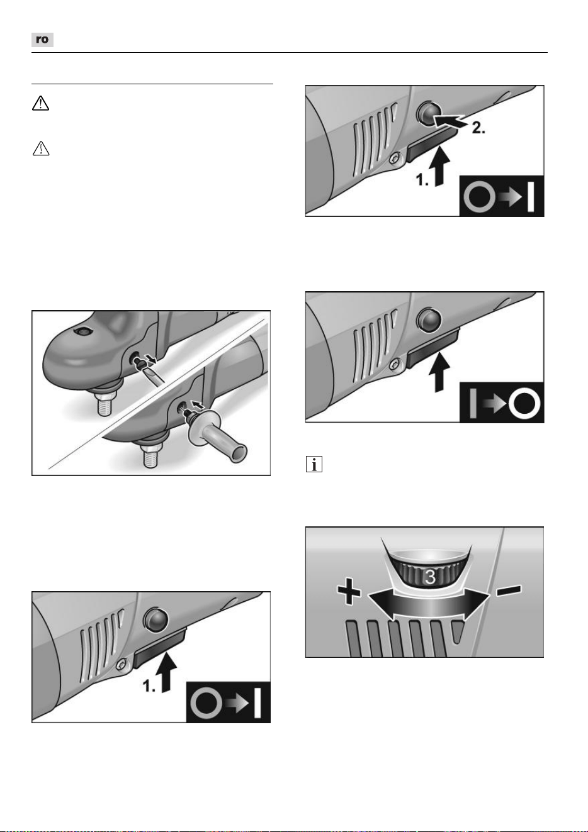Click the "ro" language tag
click(x=42, y=40)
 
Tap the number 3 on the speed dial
click(x=430, y=577)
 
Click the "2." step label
click(x=478, y=128)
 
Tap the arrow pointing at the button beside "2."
click(x=452, y=122)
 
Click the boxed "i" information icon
click(x=314, y=464)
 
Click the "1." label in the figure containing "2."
click(x=422, y=181)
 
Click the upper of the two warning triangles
click(x=40, y=103)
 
